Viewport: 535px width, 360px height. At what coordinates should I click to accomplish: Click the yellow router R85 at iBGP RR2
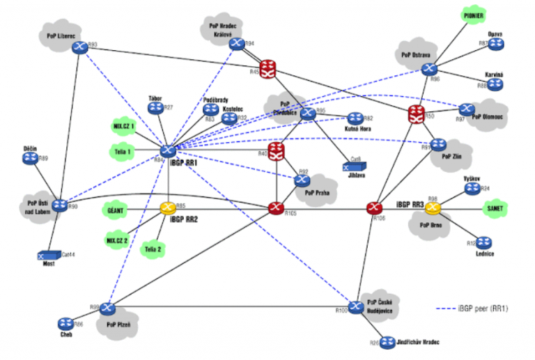(168, 207)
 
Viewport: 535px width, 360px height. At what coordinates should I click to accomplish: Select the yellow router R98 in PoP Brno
(433, 208)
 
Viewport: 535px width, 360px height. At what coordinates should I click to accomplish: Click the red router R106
(375, 208)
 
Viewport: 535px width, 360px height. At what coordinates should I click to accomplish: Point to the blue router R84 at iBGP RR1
(168, 150)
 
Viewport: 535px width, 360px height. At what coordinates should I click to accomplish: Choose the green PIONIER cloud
(476, 15)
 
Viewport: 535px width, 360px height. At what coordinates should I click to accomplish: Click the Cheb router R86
(66, 322)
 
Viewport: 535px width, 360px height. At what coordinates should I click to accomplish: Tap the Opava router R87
(495, 44)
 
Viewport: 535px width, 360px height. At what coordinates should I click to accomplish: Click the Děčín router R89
(30, 159)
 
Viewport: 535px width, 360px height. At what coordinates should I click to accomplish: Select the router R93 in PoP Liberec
(80, 47)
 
